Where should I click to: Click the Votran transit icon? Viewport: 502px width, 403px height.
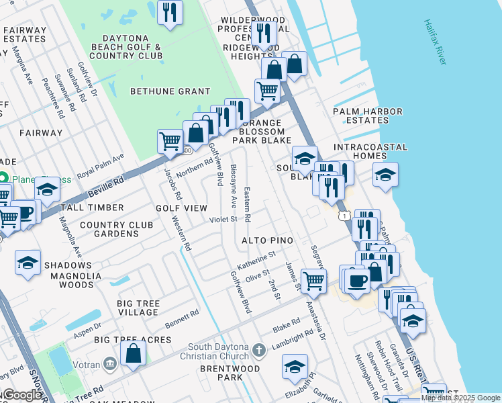(109, 363)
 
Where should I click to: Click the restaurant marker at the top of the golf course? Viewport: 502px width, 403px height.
(170, 12)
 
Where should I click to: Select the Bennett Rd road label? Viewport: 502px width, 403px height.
(182, 319)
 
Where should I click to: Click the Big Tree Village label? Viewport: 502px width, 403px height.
(138, 308)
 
